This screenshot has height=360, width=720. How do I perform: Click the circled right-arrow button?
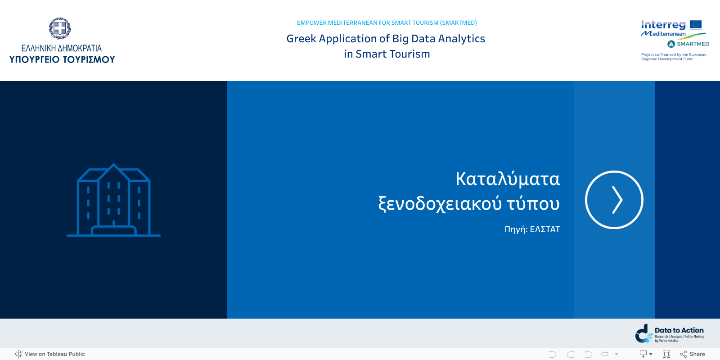click(x=614, y=200)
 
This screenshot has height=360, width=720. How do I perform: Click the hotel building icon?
click(x=114, y=200)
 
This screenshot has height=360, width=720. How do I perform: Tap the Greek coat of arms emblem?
click(x=60, y=29)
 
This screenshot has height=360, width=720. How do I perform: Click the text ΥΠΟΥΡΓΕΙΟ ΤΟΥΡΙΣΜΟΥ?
click(x=62, y=59)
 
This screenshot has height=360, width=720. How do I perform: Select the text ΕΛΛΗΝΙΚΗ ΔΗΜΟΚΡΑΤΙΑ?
click(x=62, y=48)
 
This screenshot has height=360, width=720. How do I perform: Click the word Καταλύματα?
click(x=507, y=179)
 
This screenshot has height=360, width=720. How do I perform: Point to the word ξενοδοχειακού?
click(x=440, y=204)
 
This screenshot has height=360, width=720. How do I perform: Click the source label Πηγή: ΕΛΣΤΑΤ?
click(x=532, y=229)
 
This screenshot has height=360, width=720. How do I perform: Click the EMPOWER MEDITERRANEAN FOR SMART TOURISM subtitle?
click(x=387, y=23)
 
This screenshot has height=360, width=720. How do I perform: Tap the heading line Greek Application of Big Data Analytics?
click(x=386, y=39)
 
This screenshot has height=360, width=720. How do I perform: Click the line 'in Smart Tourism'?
click(x=387, y=54)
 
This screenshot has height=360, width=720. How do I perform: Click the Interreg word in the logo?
click(x=663, y=25)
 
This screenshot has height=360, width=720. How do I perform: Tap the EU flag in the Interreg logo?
click(x=695, y=25)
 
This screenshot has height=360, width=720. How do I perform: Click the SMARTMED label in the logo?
click(x=693, y=44)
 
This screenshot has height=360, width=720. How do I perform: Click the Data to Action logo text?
click(x=679, y=330)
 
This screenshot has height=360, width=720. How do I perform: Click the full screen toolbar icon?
click(x=666, y=354)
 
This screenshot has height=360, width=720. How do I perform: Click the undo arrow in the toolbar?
click(x=553, y=354)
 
